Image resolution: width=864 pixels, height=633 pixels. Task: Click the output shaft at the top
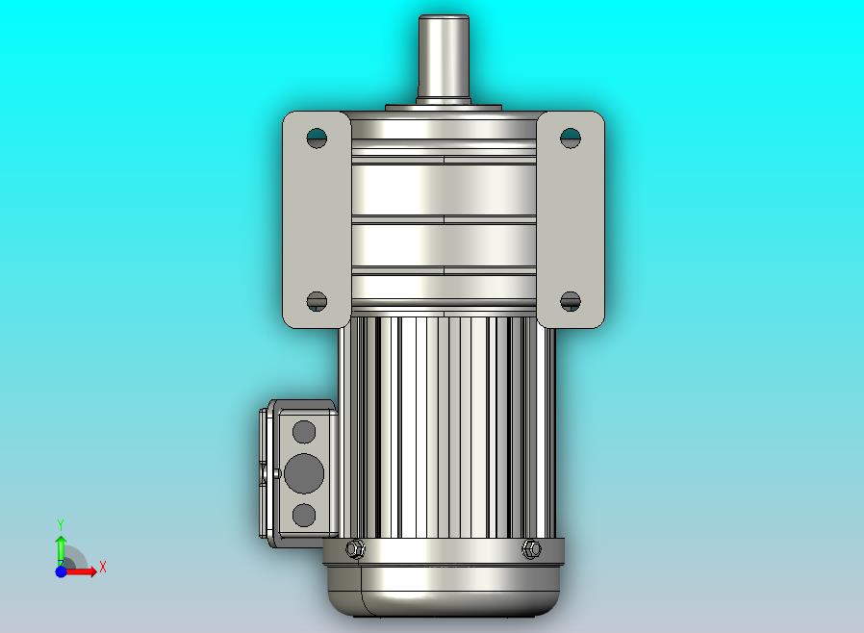pos(444,58)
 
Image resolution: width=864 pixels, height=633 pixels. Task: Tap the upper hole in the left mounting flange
pos(317,138)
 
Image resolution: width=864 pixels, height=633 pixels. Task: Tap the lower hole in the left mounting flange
pos(317,301)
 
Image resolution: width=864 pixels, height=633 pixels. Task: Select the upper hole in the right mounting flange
pos(571,138)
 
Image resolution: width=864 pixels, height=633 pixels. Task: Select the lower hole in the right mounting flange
pos(571,301)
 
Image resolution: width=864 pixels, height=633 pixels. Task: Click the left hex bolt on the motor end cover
pos(355,548)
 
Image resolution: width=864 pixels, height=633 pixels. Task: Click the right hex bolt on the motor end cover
pos(531,548)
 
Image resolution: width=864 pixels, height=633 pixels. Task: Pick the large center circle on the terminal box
pos(304,473)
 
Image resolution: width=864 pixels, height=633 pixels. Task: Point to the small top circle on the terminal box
pos(304,432)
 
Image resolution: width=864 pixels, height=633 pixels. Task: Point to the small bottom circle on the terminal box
pos(304,515)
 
